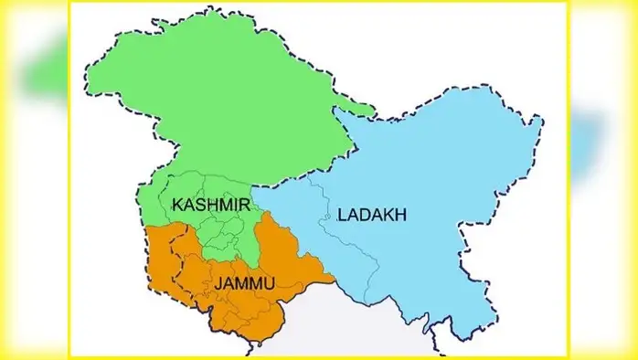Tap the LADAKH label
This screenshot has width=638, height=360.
point(372,216)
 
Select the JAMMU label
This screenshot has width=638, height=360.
point(245,285)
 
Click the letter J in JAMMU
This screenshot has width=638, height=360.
point(219,285)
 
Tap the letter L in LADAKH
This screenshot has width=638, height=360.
point(342,216)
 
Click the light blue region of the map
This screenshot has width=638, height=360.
point(439,183)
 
